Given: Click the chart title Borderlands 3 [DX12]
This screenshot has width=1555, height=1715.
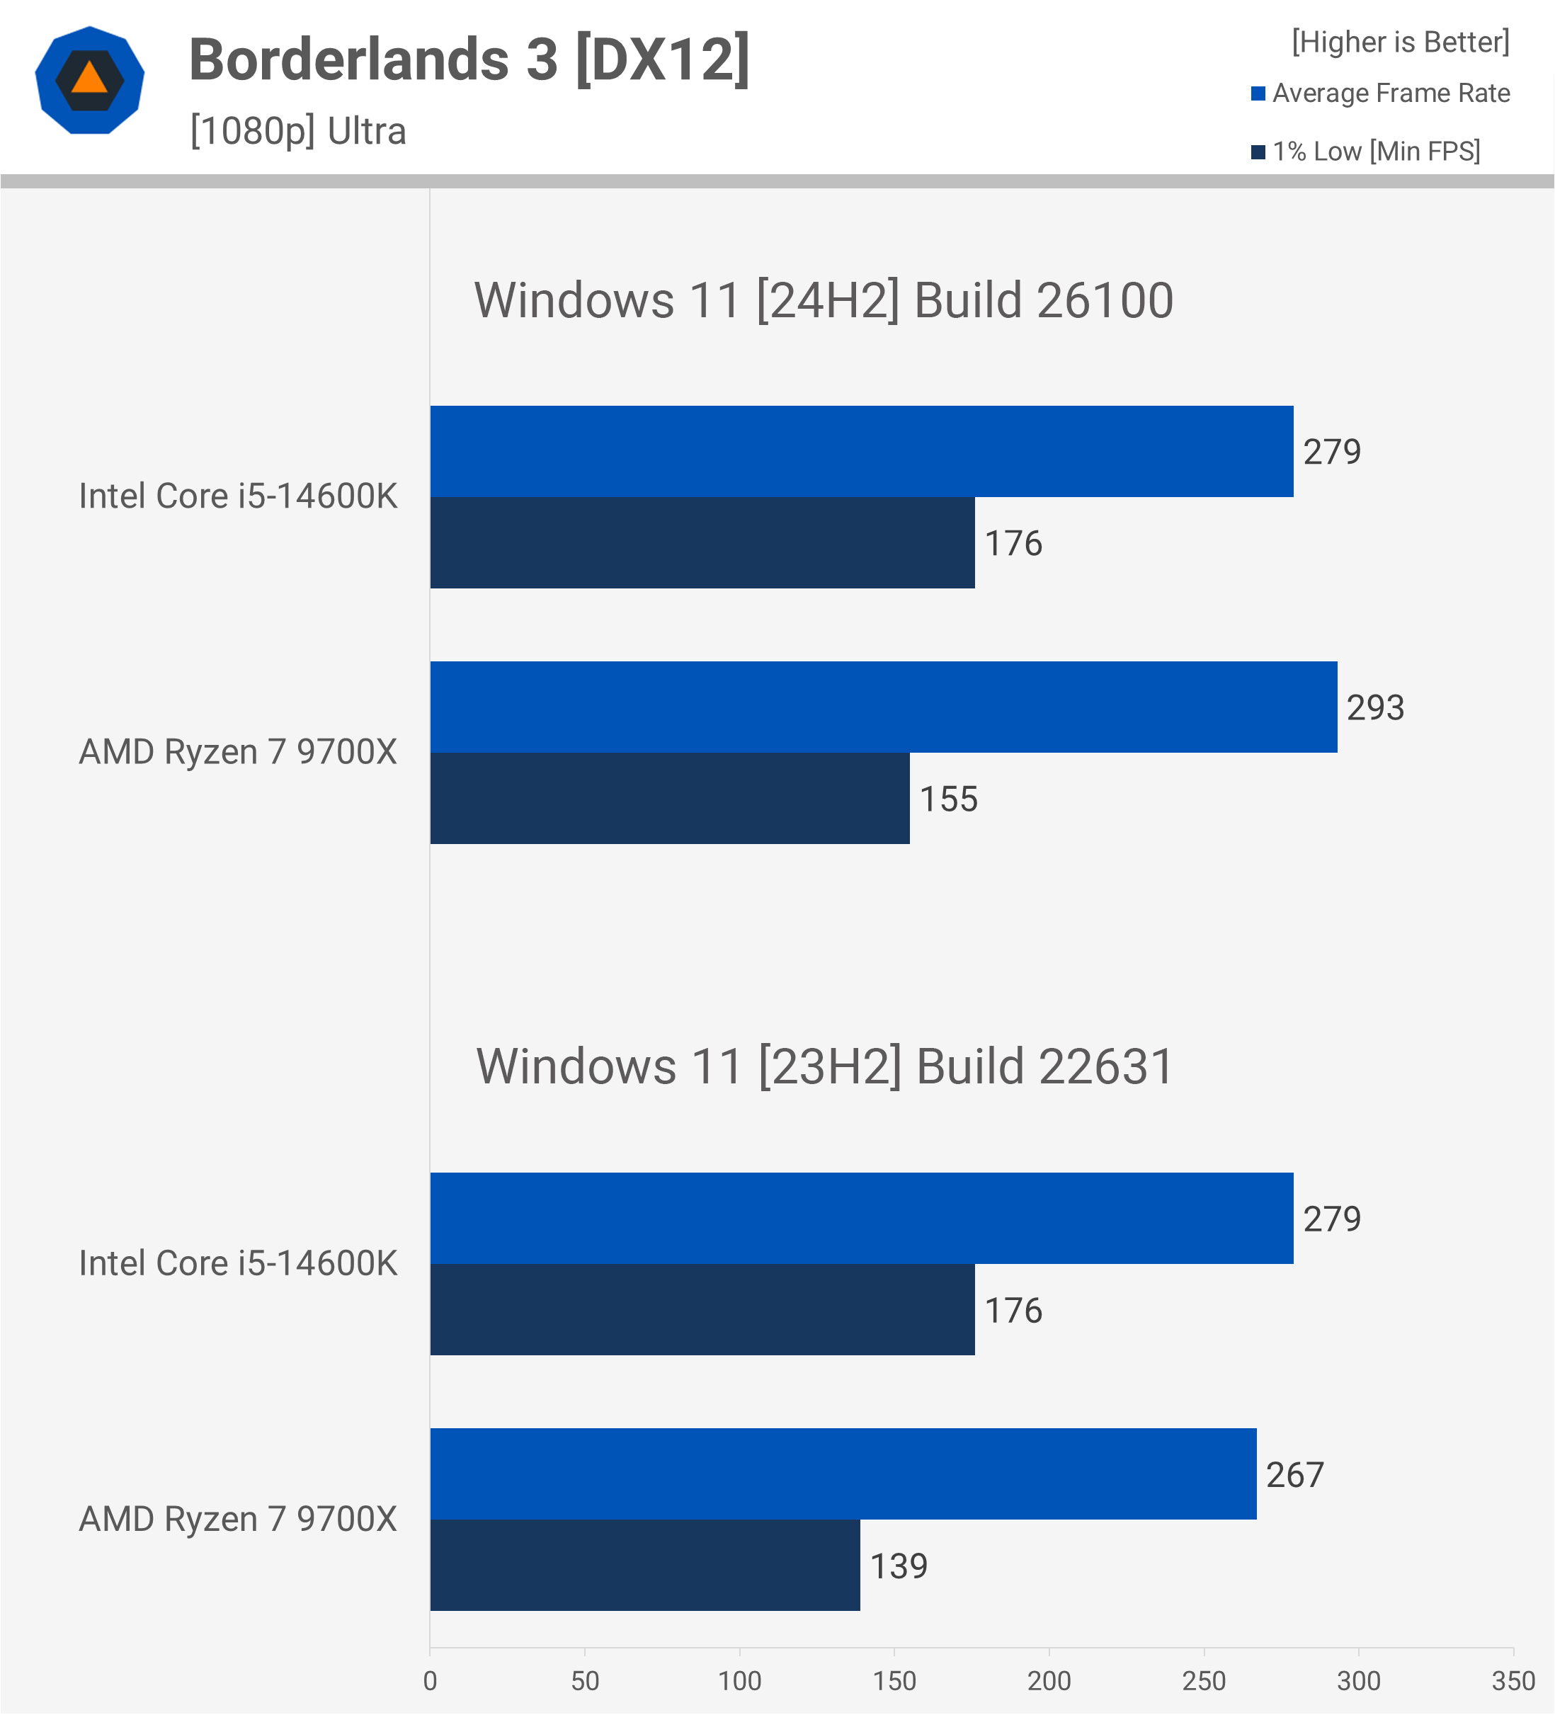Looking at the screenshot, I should pos(469,59).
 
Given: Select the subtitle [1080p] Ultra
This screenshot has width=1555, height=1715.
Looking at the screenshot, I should pos(297,131).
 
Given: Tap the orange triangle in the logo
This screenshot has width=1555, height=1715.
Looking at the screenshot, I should pos(89,79).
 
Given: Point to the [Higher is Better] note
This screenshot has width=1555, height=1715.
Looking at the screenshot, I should pos(1400,42).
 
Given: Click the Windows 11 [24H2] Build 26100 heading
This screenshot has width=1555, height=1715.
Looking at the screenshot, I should pos(824,300).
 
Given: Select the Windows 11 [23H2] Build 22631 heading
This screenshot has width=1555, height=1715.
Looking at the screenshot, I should pos(824,1067).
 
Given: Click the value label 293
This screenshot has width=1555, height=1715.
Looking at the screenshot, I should pos(1374,708).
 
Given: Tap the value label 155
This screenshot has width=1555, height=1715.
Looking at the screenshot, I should pos(948,799).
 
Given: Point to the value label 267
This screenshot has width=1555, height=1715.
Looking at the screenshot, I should pos(1294,1475).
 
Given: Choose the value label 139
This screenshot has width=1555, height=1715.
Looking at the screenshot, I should pos(899,1566).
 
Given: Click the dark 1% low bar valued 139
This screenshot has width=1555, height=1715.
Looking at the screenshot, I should pos(645,1566).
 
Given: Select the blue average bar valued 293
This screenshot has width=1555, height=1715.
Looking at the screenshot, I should pos(883,707).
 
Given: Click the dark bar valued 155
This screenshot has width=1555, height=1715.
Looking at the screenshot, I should pos(669,799).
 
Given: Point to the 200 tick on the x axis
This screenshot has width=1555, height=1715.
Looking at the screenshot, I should pos(1049,1681).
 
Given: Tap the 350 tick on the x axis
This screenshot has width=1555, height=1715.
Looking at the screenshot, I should pos(1513,1681).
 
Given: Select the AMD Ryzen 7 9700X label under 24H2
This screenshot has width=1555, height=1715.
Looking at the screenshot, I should pos(238,752).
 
